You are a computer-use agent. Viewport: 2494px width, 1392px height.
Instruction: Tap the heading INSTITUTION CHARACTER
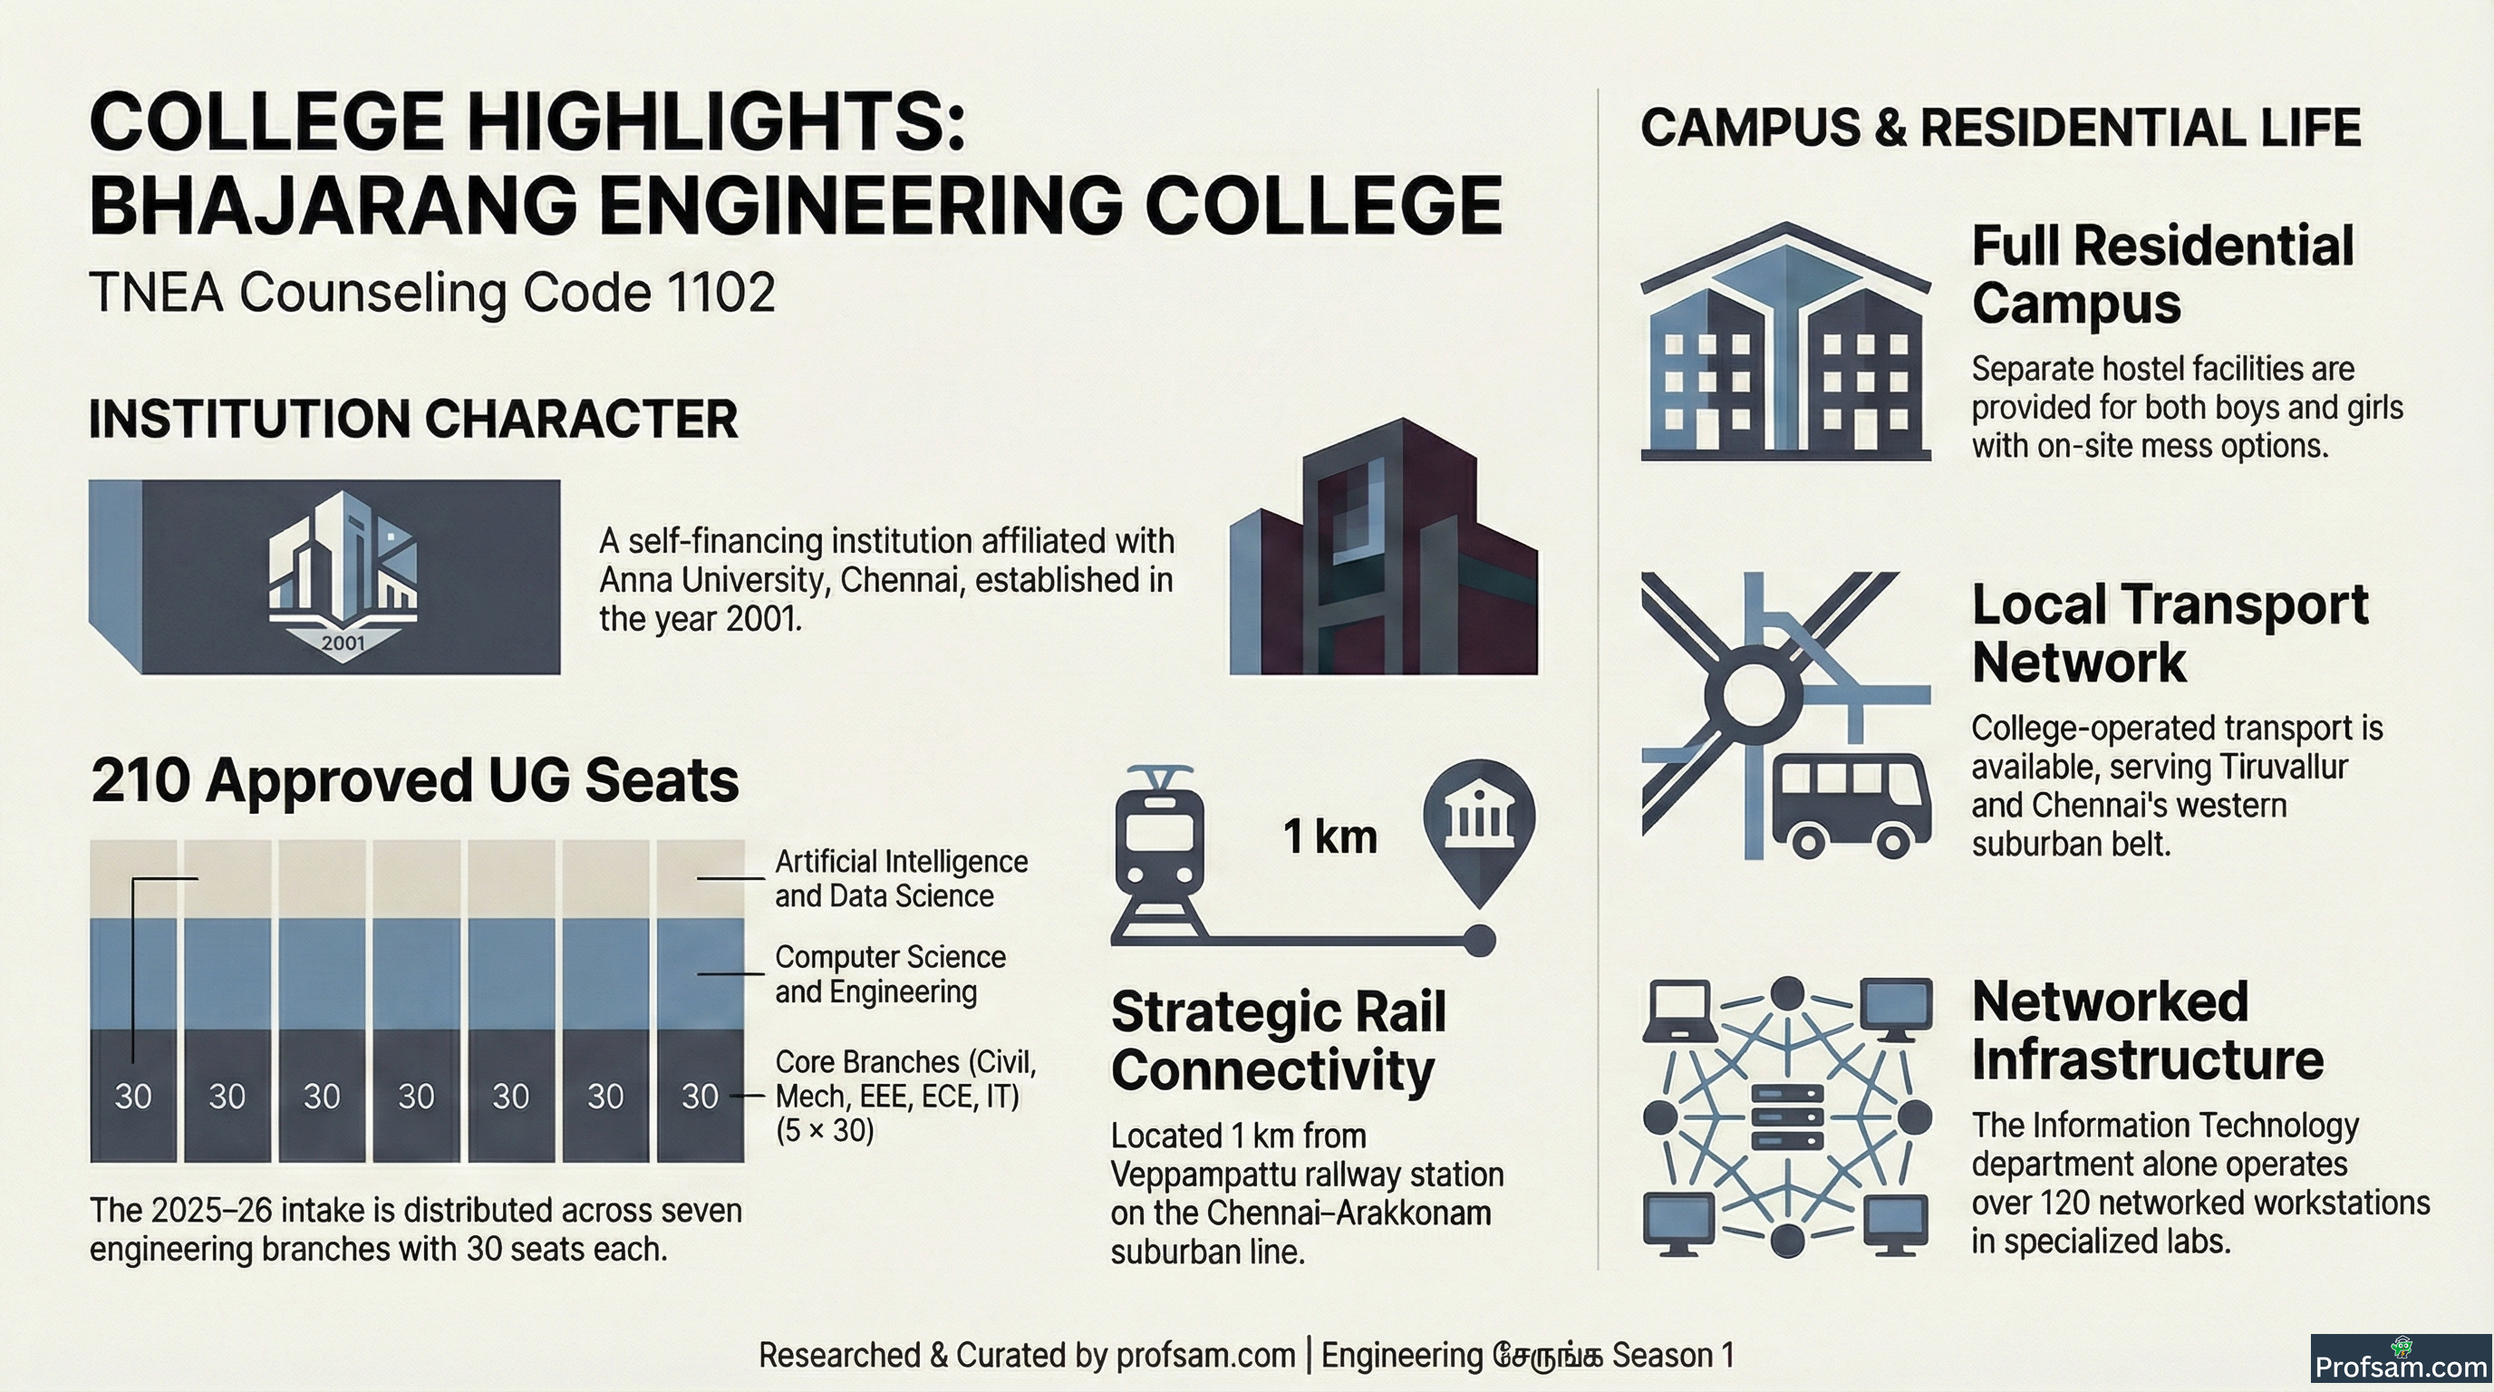(413, 420)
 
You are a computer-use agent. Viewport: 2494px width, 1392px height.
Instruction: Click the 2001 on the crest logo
(343, 643)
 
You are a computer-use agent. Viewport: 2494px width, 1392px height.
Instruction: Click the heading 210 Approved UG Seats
(414, 780)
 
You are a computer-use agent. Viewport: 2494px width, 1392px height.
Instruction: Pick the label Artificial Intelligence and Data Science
(901, 878)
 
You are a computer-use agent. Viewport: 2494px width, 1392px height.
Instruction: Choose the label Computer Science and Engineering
(890, 974)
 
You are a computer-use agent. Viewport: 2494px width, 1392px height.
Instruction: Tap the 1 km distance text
(1329, 836)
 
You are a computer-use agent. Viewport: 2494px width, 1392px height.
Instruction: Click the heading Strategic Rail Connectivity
(1278, 1040)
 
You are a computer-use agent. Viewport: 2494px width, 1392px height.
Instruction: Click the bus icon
(1851, 804)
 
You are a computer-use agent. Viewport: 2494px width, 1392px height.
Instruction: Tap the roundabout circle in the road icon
(1754, 693)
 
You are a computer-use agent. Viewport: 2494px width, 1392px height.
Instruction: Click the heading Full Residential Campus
(2163, 274)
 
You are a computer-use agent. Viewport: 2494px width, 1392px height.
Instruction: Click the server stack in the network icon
(1787, 1117)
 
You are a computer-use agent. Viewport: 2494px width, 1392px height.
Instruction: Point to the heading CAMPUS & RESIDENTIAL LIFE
(2000, 128)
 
